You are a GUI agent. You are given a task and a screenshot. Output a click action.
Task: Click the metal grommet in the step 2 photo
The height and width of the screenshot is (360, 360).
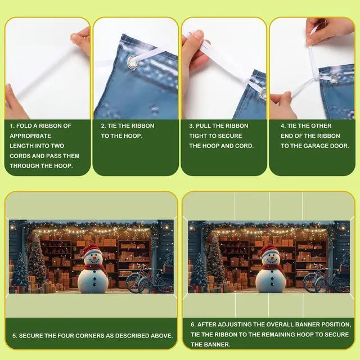click(x=134, y=62)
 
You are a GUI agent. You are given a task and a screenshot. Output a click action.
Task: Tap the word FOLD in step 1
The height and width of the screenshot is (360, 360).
click(x=24, y=126)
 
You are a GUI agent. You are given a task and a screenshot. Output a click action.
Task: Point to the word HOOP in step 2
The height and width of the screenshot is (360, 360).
click(x=133, y=136)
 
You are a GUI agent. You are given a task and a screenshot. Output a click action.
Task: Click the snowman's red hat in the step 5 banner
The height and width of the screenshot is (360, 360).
click(x=90, y=249)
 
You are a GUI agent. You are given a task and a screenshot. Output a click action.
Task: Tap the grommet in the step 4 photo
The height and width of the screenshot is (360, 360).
click(x=333, y=80)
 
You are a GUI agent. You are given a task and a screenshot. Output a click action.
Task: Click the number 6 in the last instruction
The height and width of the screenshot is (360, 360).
click(x=192, y=325)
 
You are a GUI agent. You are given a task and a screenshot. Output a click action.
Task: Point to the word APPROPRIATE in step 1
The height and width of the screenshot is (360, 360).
click(x=30, y=136)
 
